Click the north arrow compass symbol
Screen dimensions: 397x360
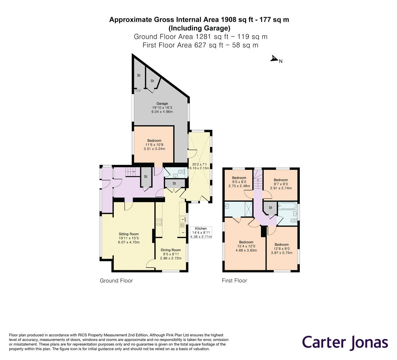tap(274, 58)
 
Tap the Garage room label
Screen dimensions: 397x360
tap(162, 108)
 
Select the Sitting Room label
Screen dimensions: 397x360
tap(129, 238)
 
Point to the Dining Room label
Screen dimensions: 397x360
tap(171, 254)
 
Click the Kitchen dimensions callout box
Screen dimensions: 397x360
tap(201, 232)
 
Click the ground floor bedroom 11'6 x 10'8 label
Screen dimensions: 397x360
tap(154, 145)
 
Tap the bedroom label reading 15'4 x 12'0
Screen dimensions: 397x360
tap(246, 246)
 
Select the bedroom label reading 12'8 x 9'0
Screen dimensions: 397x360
tap(282, 249)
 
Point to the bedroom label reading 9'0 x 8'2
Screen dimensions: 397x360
tap(239, 182)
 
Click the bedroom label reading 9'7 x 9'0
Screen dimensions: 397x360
tap(281, 184)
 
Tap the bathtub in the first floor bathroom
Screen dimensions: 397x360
tap(287, 206)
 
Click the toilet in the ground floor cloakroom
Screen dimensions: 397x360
tap(181, 172)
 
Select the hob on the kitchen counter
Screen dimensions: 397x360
tap(159, 222)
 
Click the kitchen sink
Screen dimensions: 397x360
tap(183, 219)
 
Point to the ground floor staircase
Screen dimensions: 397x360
tap(131, 172)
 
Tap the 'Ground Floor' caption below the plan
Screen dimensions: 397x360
tap(116, 281)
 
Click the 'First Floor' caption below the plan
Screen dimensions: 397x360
tap(235, 281)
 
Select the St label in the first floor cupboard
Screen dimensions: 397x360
tap(271, 208)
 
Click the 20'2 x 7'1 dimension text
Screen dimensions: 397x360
tap(199, 166)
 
